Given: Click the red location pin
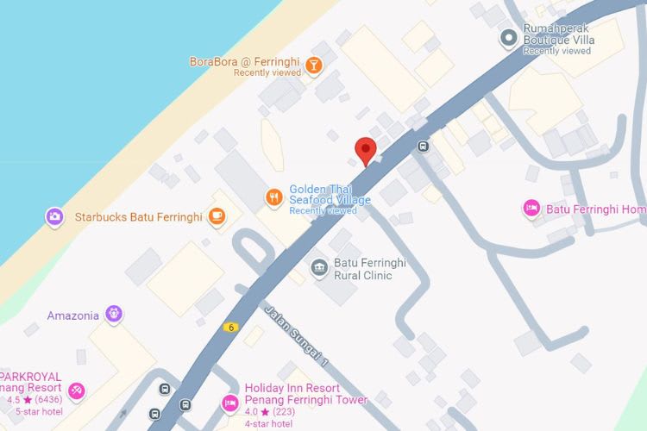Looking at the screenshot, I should point(367,149).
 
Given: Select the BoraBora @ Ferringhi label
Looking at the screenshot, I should point(245,62).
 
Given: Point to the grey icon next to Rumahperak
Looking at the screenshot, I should point(510,38).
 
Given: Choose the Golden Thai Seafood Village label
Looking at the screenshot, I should point(330,195).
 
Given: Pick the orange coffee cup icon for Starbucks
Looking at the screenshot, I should point(216,216).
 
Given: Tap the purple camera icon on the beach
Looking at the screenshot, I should point(54,215).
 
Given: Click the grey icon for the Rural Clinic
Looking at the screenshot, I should point(319,268).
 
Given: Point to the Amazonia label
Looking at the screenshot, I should point(73,315).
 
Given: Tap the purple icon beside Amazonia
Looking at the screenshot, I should point(113,314).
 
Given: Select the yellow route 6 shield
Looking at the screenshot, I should point(230,327).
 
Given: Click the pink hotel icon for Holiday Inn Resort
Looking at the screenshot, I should point(229,403).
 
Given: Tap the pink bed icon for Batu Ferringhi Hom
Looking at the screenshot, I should point(531,209).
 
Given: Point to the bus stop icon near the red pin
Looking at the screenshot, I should point(423,146).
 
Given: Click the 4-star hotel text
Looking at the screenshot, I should point(268,423).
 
